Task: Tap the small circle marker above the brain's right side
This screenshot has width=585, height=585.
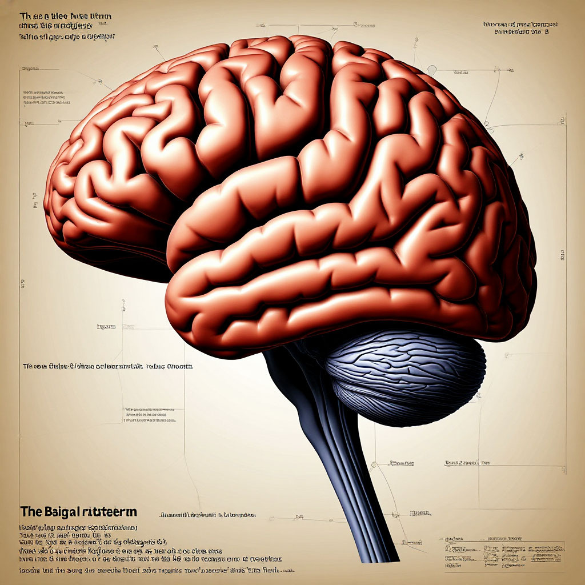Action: [432, 70]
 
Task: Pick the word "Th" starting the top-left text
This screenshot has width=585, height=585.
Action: [25, 15]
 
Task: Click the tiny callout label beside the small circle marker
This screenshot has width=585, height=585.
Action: [462, 73]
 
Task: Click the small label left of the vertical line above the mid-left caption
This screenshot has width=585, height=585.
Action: [106, 327]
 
